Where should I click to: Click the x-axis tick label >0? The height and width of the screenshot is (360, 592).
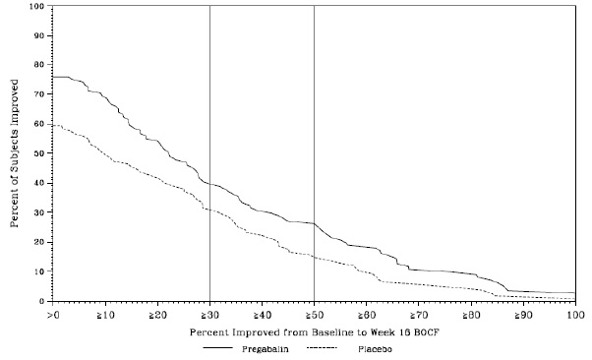53,315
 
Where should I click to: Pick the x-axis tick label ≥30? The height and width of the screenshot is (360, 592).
209,315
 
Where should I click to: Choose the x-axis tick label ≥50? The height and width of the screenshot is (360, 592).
314,315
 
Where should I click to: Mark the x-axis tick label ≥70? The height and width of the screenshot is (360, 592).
418,315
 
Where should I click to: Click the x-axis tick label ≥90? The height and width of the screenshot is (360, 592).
523,315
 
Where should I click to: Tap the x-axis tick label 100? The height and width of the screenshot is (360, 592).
575,315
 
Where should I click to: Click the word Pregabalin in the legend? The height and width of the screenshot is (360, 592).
266,349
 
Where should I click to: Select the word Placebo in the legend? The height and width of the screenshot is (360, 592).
375,349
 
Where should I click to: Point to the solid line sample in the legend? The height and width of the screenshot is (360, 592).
218,347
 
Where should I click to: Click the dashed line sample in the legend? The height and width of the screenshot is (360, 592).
322,347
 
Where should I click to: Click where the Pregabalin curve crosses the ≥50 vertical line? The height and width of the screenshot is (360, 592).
314,223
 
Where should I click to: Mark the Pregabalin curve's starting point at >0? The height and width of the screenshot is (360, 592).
53,77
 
